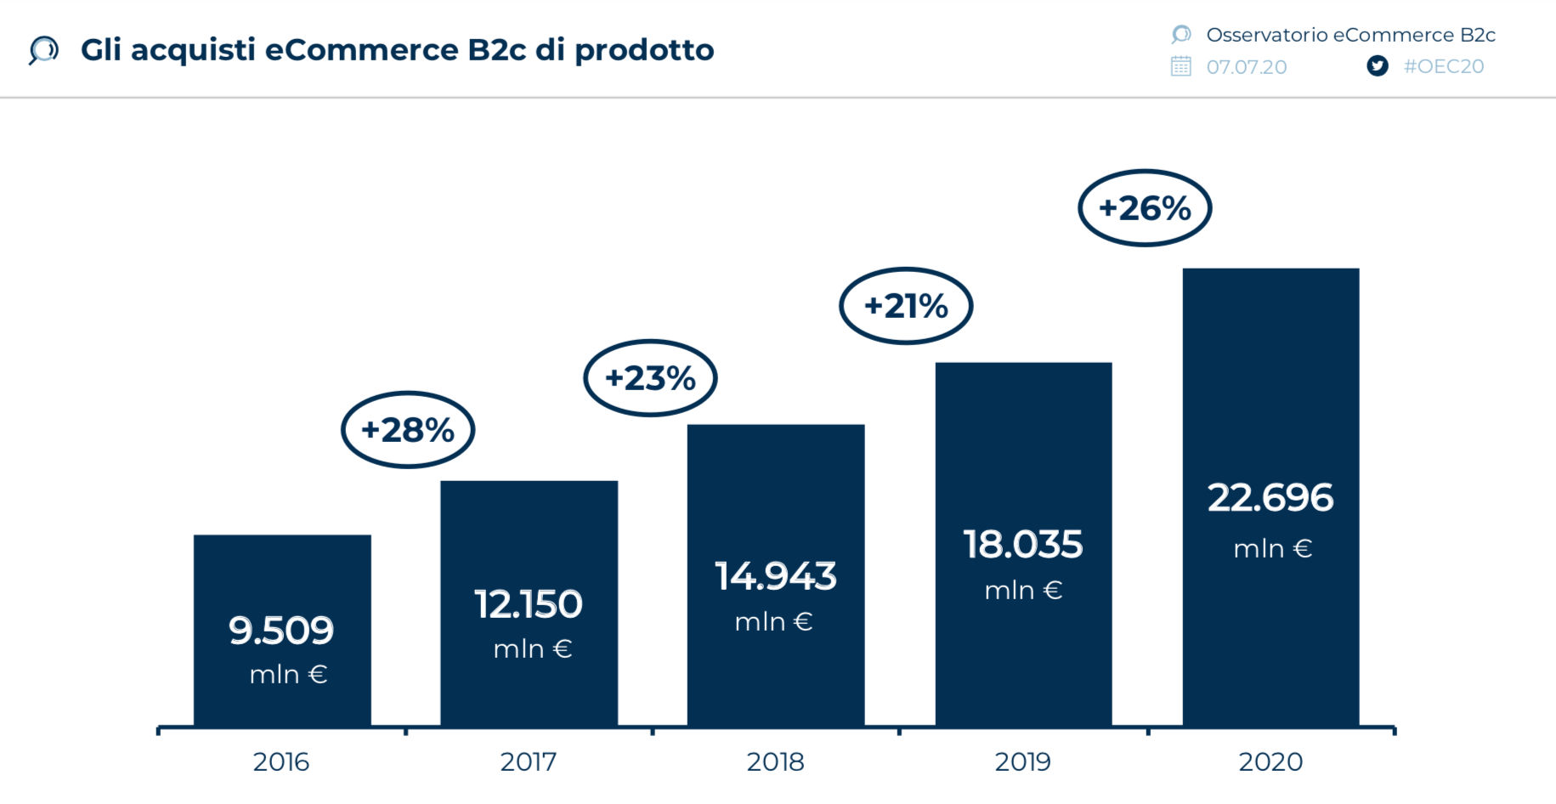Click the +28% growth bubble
point(408,430)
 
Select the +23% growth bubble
point(650,378)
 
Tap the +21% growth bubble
point(906,306)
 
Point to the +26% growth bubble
point(1145,208)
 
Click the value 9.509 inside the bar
point(281,631)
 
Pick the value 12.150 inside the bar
point(529,604)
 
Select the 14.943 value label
point(776,576)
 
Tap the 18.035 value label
point(1023,545)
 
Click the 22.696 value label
point(1270,498)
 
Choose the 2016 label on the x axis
point(281,762)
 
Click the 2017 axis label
point(529,762)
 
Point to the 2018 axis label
point(776,762)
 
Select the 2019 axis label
point(1023,762)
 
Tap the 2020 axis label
point(1270,762)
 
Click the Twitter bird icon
point(1378,66)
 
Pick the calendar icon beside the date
point(1181,66)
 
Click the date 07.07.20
point(1247,67)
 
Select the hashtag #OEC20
point(1444,66)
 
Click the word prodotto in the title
point(644,51)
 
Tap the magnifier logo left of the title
point(43,50)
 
